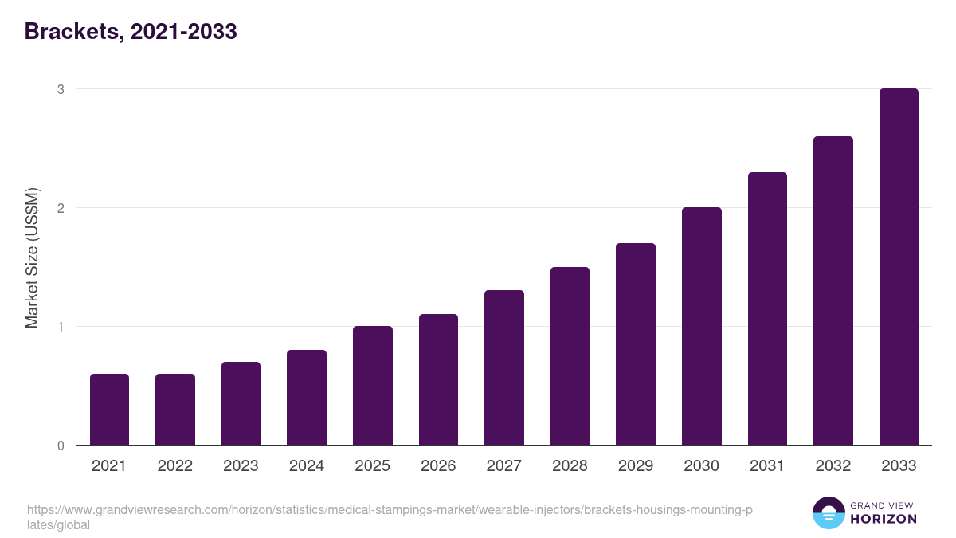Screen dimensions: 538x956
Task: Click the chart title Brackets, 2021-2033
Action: coord(131,32)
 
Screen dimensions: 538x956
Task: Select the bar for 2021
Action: coord(109,410)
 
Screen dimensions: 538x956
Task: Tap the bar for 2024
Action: coord(307,398)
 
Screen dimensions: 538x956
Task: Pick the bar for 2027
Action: coord(504,368)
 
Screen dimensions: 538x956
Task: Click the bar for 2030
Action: coord(702,327)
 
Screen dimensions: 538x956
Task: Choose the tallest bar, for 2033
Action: coord(899,267)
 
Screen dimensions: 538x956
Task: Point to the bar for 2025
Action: coord(373,386)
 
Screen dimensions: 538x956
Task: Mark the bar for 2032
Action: coord(833,291)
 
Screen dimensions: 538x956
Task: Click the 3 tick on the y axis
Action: coord(60,89)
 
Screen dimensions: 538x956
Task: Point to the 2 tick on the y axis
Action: coord(60,208)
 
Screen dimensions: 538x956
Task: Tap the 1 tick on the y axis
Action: coord(60,327)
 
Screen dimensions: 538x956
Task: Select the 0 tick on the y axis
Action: coord(60,446)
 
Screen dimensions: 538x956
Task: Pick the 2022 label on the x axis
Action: coord(175,466)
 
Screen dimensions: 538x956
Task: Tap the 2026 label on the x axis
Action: coord(438,466)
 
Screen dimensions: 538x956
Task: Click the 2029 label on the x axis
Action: coord(636,466)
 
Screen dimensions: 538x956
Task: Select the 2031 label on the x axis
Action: coord(767,466)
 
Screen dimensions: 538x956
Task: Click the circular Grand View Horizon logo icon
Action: coord(829,512)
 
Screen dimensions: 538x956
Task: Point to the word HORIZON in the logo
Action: coord(884,519)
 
